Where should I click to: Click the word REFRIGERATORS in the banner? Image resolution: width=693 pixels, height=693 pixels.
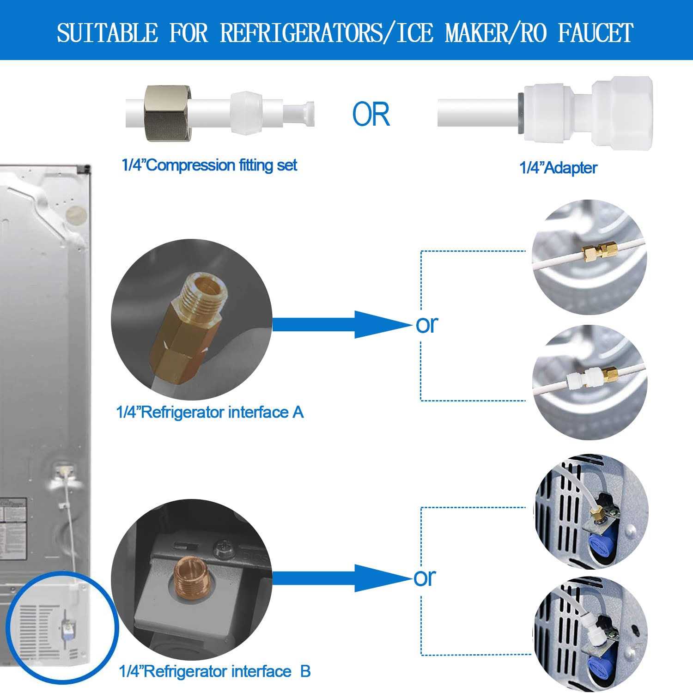click(302, 33)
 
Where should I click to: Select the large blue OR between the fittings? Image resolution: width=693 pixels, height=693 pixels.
click(371, 115)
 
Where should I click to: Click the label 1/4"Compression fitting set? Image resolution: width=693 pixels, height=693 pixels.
click(209, 165)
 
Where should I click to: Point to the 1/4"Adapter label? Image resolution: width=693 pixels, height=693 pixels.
click(558, 168)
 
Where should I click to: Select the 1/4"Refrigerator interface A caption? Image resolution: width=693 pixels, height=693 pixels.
click(210, 412)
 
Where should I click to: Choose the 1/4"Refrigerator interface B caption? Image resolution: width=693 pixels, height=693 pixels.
click(215, 671)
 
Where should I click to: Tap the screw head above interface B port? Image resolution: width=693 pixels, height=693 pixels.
click(220, 548)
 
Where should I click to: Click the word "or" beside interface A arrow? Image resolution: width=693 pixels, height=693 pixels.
click(426, 324)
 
